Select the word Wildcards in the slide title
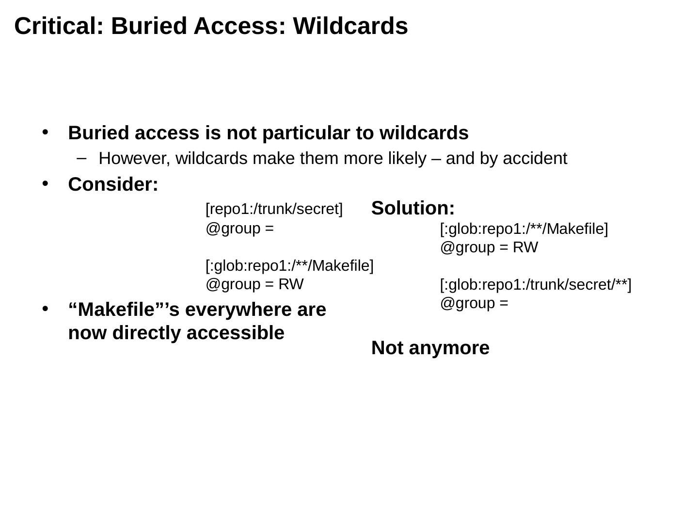coord(350,26)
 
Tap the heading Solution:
coord(413,208)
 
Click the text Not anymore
coord(430,348)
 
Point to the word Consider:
coord(113,184)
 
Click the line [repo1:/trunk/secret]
coord(274,209)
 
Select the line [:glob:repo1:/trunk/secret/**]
coord(536,285)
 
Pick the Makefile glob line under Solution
coord(523,229)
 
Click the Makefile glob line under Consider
coord(289,265)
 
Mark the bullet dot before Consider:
coord(46,183)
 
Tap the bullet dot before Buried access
coord(46,132)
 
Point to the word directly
coord(147,333)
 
